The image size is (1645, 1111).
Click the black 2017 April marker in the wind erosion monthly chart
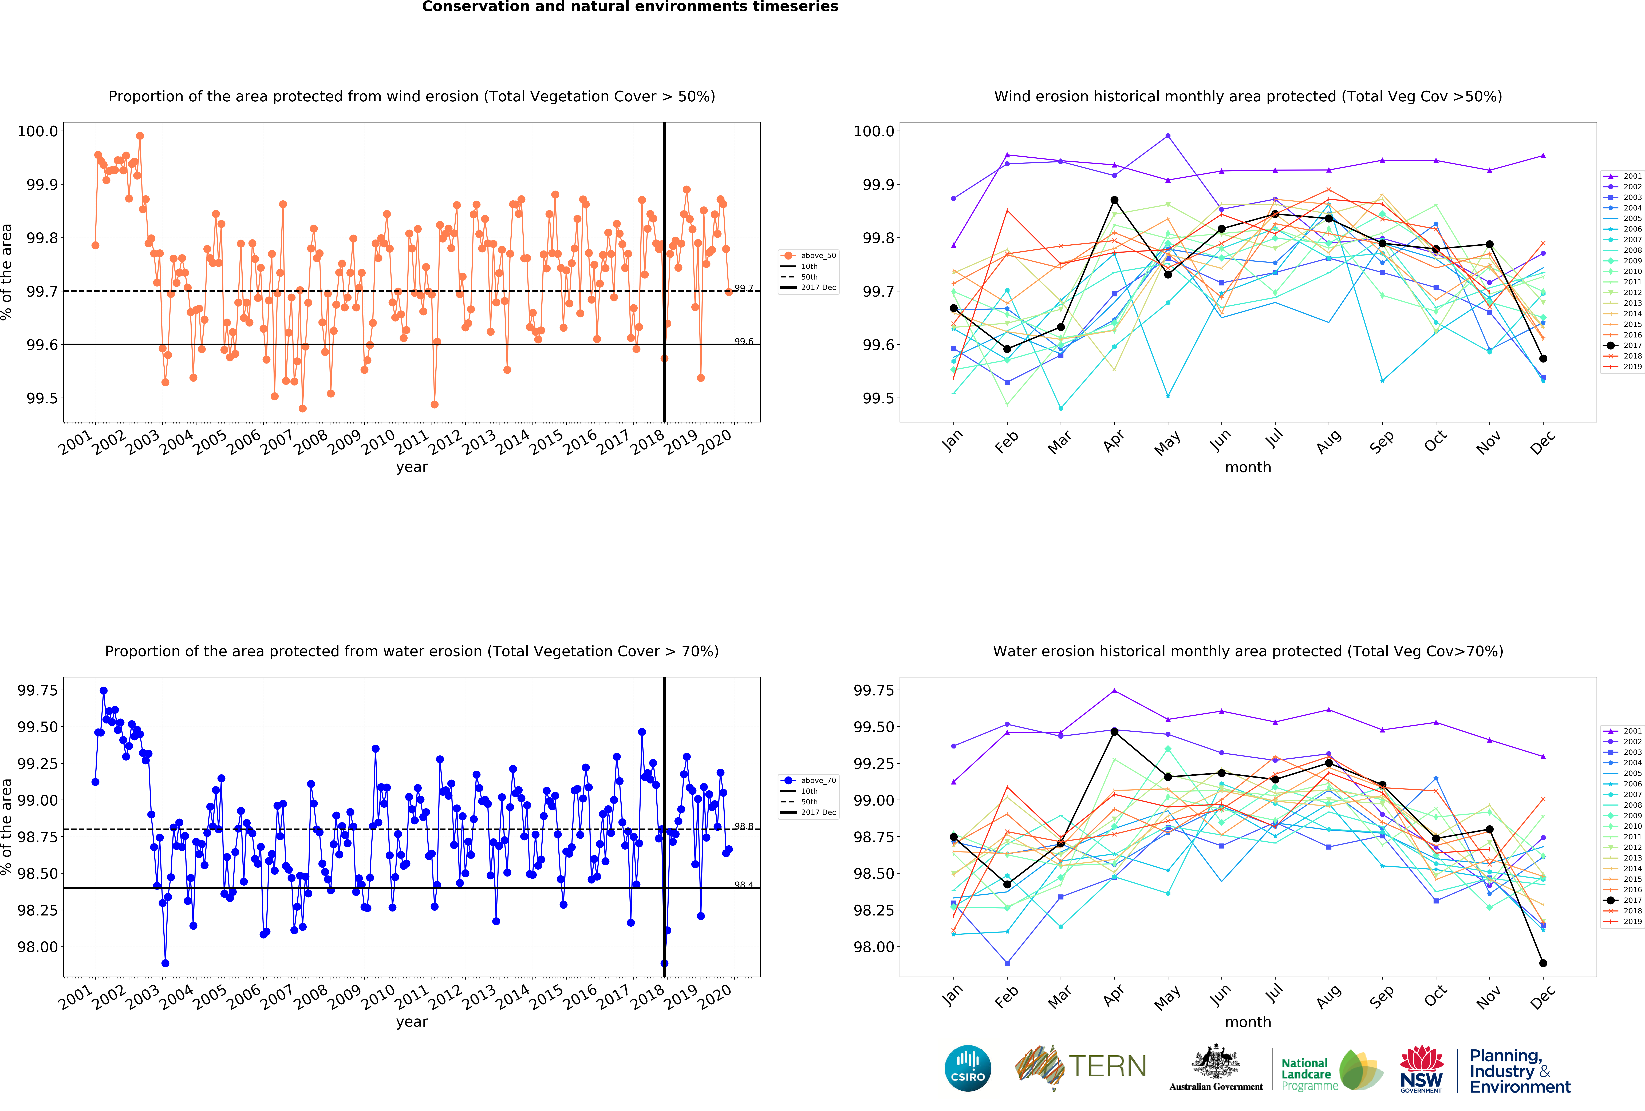(1114, 200)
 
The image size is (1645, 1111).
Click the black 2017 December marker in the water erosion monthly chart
(1543, 963)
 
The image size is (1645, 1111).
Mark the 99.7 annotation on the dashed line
(743, 288)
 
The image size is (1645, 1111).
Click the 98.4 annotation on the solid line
(743, 885)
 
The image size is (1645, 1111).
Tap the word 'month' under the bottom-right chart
(1248, 1022)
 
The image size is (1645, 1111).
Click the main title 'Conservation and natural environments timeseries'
(630, 7)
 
